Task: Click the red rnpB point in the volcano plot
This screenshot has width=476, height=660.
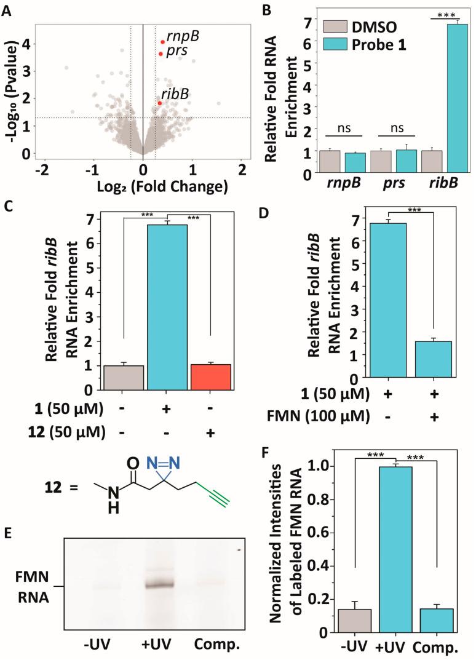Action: pyautogui.click(x=162, y=42)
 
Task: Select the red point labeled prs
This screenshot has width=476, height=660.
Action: pyautogui.click(x=161, y=54)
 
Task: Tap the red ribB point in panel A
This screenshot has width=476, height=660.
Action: pyautogui.click(x=159, y=103)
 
